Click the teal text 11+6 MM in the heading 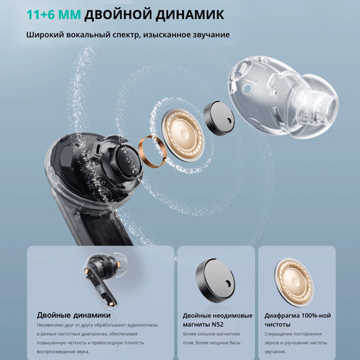pyautogui.click(x=54, y=14)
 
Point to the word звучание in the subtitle pyautogui.click(x=211, y=35)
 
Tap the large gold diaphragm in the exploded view pyautogui.click(x=183, y=135)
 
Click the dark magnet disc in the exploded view pyautogui.click(x=219, y=118)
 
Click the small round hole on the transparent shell pyautogui.click(x=247, y=88)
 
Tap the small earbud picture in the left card pyautogui.click(x=104, y=279)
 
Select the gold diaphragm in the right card pyautogui.click(x=294, y=279)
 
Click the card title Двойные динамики pyautogui.click(x=74, y=315)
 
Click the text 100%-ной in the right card pyautogui.click(x=316, y=315)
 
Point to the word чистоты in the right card pyautogui.click(x=278, y=325)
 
